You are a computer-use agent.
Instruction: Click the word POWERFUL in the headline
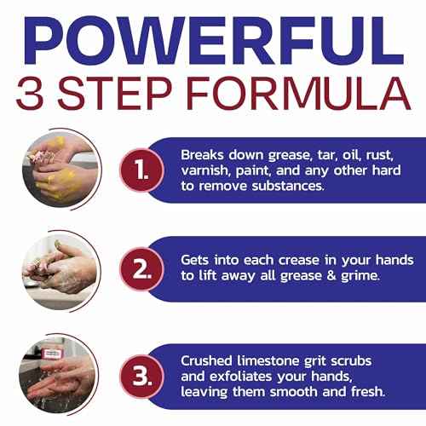tap(213, 38)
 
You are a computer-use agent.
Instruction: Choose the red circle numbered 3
tap(134, 374)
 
